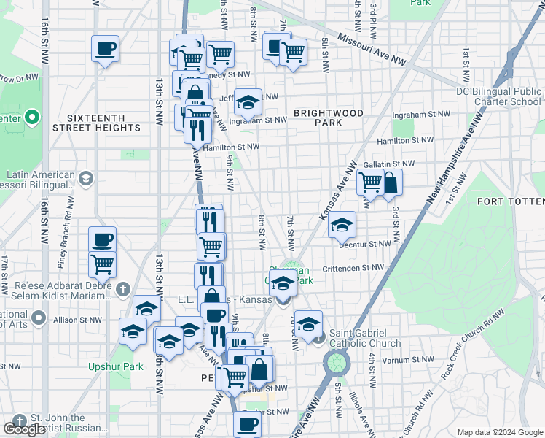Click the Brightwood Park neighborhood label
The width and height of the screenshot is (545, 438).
(329, 118)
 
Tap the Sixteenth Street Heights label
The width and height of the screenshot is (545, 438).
(97, 123)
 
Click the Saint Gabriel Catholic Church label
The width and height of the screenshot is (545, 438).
(364, 339)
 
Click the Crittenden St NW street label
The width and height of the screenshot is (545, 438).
(353, 269)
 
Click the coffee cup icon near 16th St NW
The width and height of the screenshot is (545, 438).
(105, 50)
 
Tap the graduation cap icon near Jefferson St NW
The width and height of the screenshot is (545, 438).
(248, 101)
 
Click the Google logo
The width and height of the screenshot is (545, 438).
(24, 429)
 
